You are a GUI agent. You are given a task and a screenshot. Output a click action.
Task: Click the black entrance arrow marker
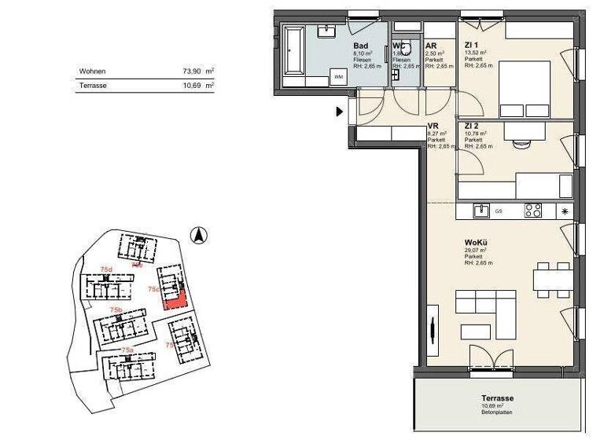point(341,112)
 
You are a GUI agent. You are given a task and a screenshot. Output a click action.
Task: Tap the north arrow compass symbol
point(200,233)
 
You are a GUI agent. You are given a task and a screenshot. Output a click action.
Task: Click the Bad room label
point(361,46)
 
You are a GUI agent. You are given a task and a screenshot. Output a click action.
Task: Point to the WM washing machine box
point(338,77)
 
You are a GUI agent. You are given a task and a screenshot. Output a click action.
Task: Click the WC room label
point(399,46)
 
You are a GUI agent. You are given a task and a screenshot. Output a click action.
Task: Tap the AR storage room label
point(430,46)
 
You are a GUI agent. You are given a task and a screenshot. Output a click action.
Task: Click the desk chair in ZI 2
point(520,143)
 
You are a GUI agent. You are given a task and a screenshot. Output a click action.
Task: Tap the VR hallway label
point(433,126)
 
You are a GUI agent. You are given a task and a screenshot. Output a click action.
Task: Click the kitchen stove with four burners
point(533,211)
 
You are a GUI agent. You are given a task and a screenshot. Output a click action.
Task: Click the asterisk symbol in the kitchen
point(565,211)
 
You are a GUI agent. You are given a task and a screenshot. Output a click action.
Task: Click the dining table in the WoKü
point(551,280)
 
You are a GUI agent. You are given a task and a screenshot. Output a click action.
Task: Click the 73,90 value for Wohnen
point(193,71)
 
